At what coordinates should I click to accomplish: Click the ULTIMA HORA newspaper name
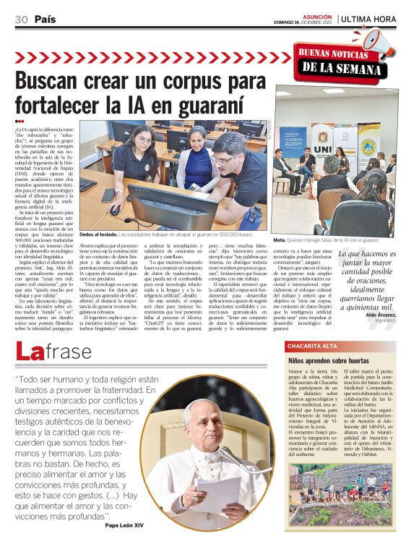[x=368, y=19]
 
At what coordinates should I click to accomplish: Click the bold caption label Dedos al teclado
[x=97, y=234]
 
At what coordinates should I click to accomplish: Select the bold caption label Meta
[x=279, y=239]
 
